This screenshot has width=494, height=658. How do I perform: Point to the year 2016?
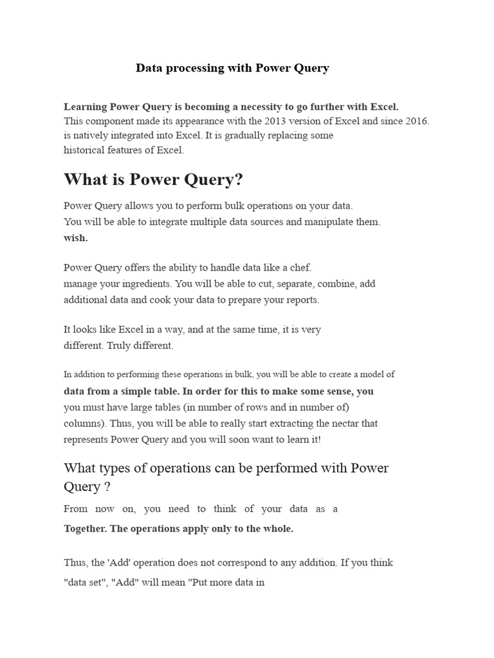[416, 121]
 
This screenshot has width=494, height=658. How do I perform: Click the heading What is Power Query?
[153, 179]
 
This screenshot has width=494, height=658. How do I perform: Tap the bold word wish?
[76, 238]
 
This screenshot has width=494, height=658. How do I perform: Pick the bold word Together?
[86, 529]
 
